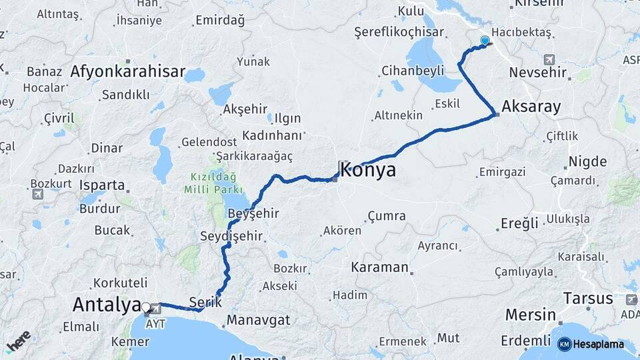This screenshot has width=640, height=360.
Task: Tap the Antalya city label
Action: coord(107,305)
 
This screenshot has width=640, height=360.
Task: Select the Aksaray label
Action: coord(531,106)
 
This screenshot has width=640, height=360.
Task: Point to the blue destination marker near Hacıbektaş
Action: coord(485,41)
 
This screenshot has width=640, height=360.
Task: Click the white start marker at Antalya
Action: coord(146,307)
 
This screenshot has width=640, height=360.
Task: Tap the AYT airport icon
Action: coord(156,308)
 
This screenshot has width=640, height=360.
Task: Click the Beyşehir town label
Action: coord(253,213)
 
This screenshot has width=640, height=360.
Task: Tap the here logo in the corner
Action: coord(18,341)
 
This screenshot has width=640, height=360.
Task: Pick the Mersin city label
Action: coord(530,315)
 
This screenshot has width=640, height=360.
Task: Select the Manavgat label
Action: coord(259,320)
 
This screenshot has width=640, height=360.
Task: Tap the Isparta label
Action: coord(102,185)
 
